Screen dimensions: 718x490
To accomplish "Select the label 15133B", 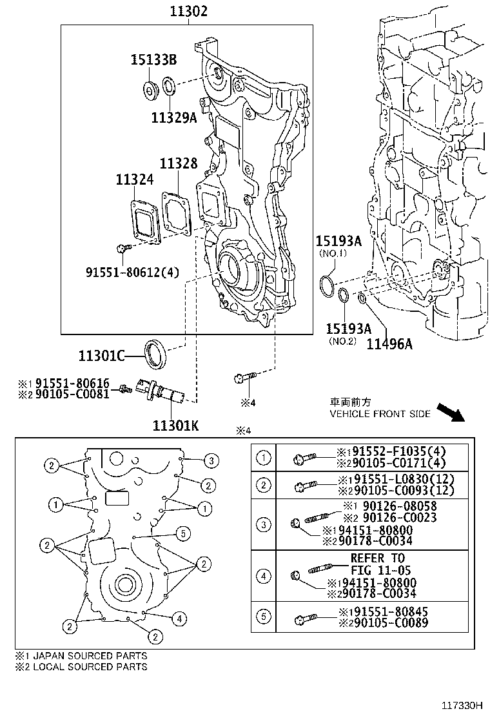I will pos(154,61).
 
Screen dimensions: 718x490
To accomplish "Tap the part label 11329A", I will pos(173,118).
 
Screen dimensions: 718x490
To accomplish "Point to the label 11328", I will pos(179,164).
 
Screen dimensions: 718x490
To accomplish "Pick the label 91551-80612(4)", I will pos(132,272).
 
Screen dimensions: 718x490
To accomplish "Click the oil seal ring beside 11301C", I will pos(155,353).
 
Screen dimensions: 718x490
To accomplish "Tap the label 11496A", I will pos(389,344).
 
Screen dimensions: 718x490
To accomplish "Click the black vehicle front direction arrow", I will pos(449,411).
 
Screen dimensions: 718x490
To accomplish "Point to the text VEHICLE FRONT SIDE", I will pos(380,414).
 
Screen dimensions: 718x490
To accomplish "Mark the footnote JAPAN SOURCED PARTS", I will pos(81,655).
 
